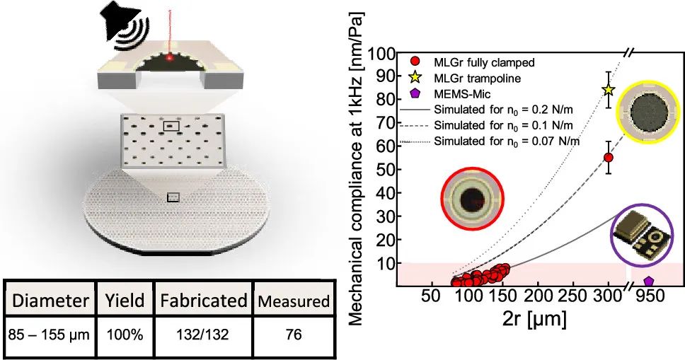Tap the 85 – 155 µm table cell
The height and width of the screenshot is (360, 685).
pos(47,333)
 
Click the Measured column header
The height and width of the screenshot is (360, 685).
pos(292,301)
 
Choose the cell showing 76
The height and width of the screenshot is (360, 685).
pos(292,333)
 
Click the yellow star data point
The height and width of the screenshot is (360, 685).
pos(608,90)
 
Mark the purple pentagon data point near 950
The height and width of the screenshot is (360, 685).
pos(648,281)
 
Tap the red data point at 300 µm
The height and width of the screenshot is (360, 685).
pos(608,157)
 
